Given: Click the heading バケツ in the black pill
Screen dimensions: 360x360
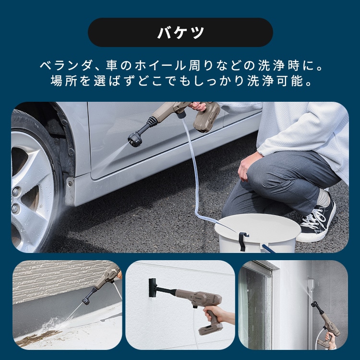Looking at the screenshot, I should pyautogui.click(x=180, y=33).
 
